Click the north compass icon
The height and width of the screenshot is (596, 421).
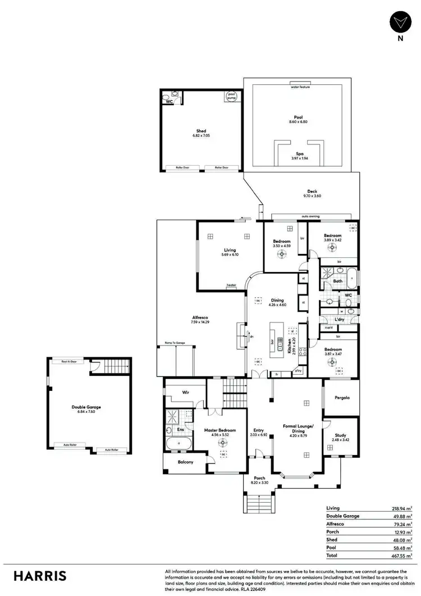399,22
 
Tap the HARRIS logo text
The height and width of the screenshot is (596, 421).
40,576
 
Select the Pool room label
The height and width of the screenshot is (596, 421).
299,117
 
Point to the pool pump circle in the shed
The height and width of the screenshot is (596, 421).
231,97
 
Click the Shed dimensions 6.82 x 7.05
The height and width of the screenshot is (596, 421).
200,136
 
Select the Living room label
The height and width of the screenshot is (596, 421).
230,250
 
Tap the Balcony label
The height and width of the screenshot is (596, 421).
185,462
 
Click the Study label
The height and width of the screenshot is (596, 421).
341,434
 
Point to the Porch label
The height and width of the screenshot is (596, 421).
259,478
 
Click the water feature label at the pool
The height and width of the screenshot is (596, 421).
300,88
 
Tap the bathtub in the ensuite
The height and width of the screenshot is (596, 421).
179,443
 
